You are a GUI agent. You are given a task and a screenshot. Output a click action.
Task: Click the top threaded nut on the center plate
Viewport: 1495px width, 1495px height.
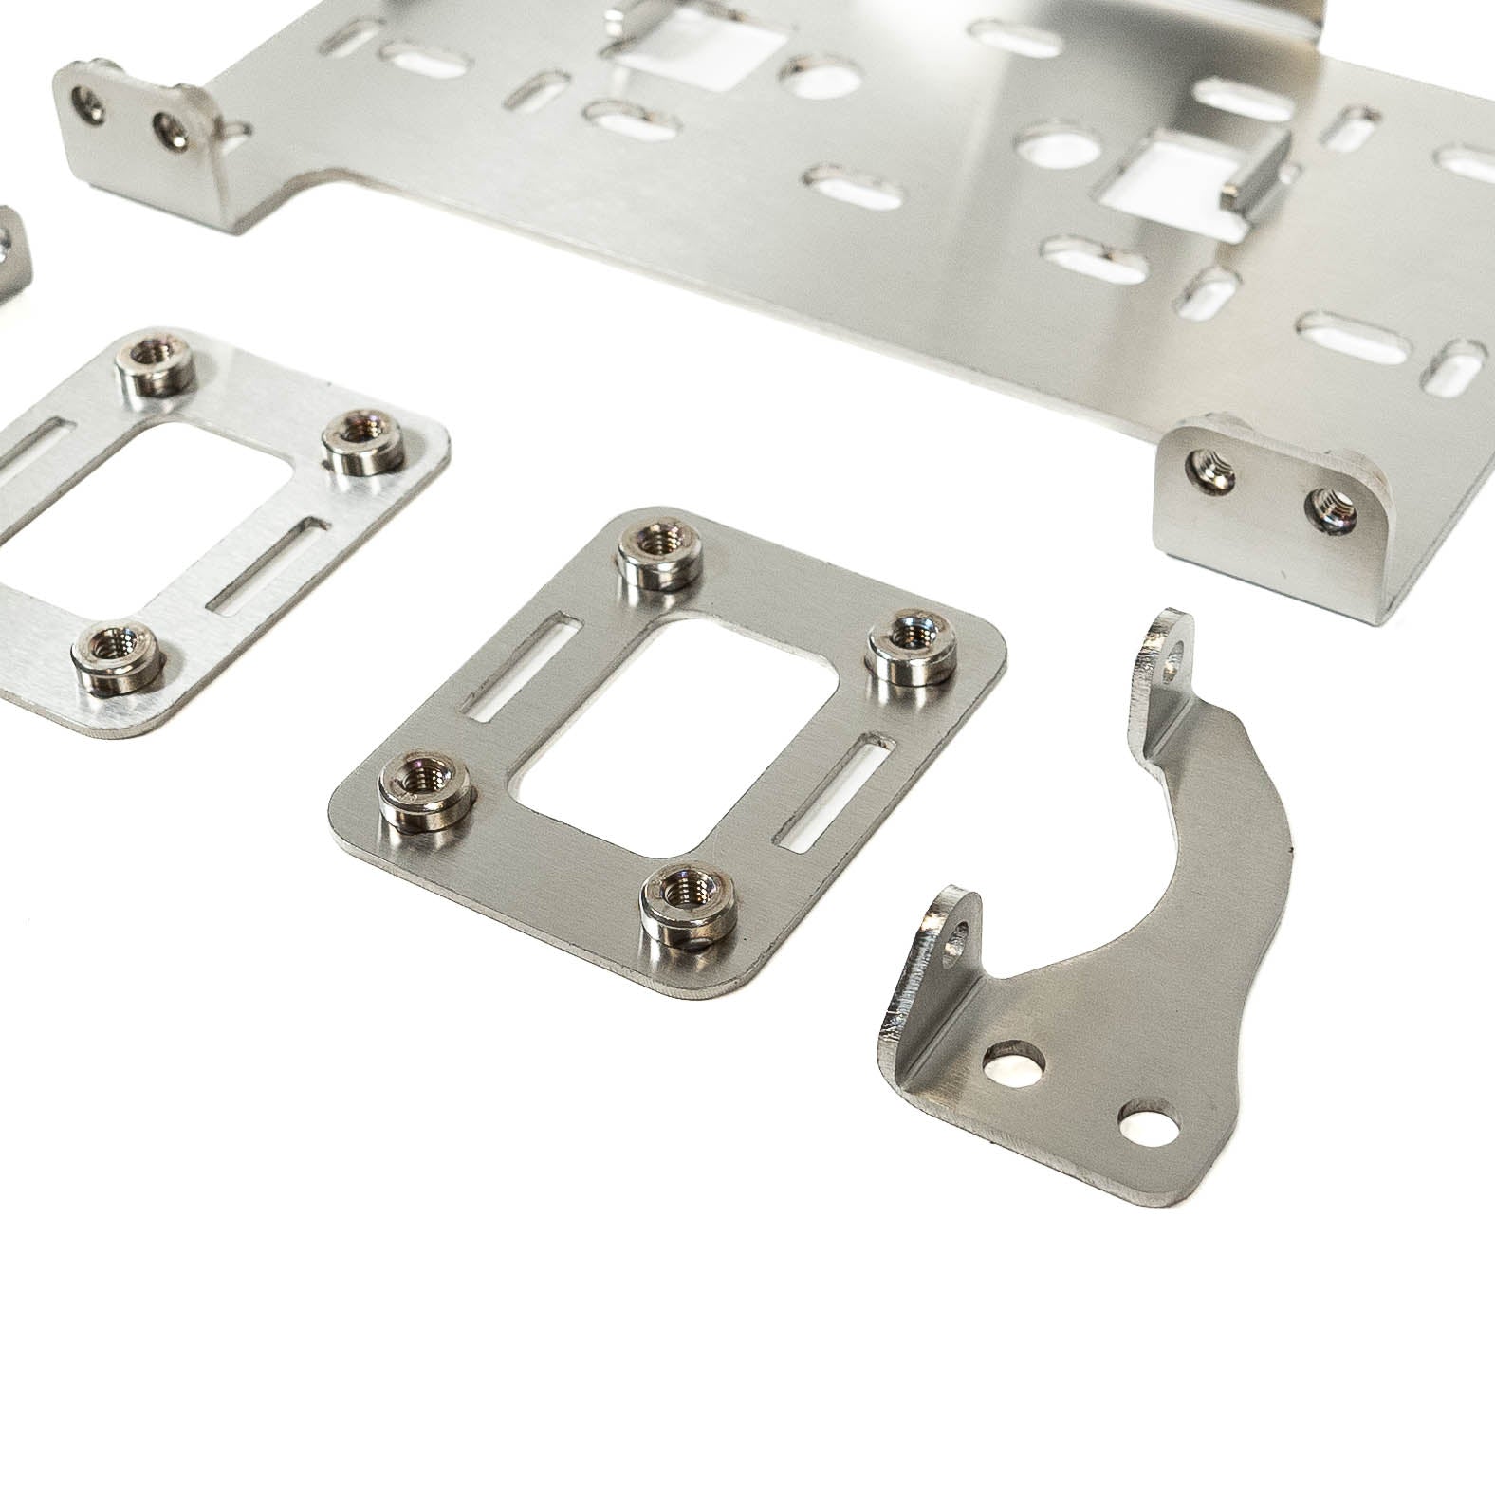pos(657,547)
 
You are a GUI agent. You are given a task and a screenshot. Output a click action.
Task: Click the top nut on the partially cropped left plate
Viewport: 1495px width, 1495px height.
pos(154,359)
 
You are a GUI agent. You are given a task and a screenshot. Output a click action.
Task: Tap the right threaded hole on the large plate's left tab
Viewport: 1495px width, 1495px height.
pos(172,128)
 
